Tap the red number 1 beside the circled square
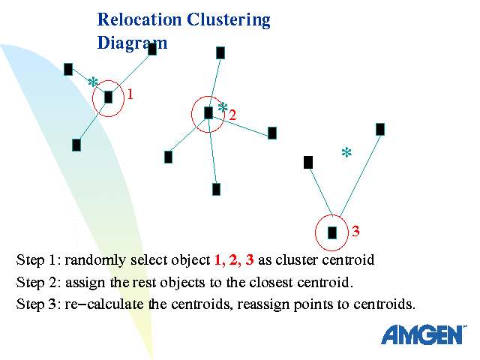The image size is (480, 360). (x=130, y=94)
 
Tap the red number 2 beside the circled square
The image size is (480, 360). (x=232, y=115)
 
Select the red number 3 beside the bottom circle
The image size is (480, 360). (x=355, y=231)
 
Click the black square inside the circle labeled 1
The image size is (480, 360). (x=108, y=97)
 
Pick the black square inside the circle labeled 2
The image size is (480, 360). (x=208, y=113)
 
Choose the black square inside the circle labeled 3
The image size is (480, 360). (x=332, y=232)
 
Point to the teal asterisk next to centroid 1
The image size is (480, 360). (x=93, y=82)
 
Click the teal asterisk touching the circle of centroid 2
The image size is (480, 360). (x=223, y=107)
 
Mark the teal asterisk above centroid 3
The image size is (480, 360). (x=346, y=153)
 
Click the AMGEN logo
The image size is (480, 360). (x=423, y=334)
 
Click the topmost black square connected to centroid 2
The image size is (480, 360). (x=220, y=52)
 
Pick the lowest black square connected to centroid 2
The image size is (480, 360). (x=216, y=189)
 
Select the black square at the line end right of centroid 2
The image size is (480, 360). (x=272, y=133)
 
